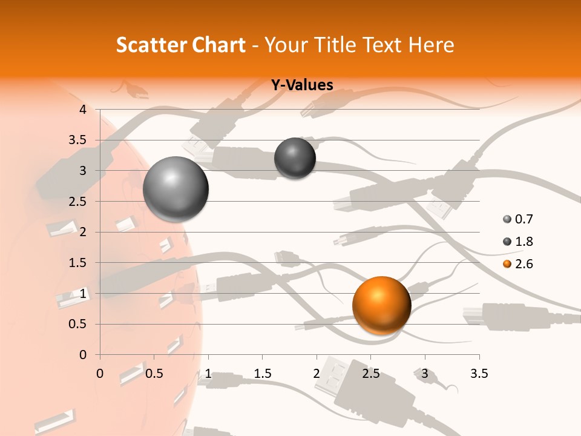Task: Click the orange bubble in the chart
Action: (x=381, y=305)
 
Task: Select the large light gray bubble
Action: (x=176, y=189)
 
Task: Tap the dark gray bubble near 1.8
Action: (x=295, y=158)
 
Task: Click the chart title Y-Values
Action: (x=301, y=85)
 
